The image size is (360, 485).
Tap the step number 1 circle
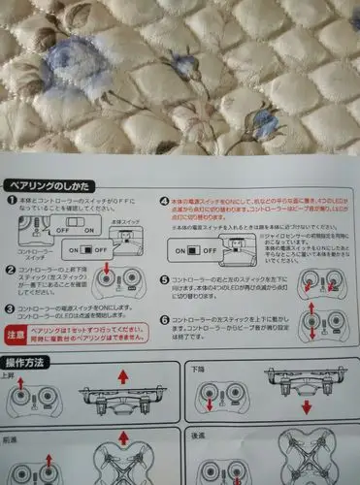coord(12,201)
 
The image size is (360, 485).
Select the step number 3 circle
coord(11,308)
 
